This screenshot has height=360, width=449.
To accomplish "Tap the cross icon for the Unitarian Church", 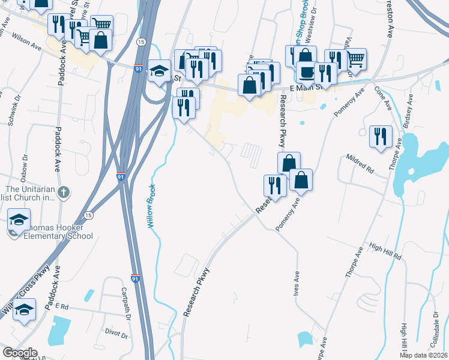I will (x=65, y=193).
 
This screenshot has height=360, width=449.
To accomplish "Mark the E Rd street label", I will (x=62, y=305).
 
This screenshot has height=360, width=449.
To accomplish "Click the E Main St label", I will (x=306, y=87).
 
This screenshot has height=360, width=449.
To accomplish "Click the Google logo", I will (x=20, y=352).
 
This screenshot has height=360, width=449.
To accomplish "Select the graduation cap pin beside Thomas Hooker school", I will (x=19, y=220).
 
